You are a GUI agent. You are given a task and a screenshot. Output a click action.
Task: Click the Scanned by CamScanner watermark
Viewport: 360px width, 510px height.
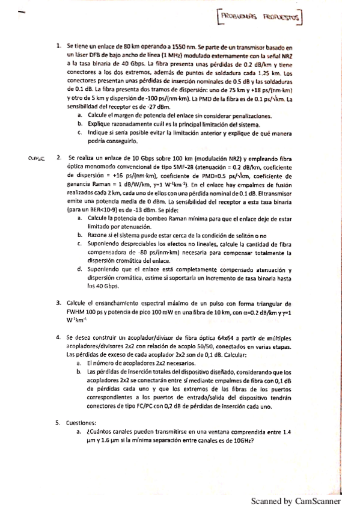295,500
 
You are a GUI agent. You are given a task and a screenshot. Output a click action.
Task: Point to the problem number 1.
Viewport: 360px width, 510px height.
58,46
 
